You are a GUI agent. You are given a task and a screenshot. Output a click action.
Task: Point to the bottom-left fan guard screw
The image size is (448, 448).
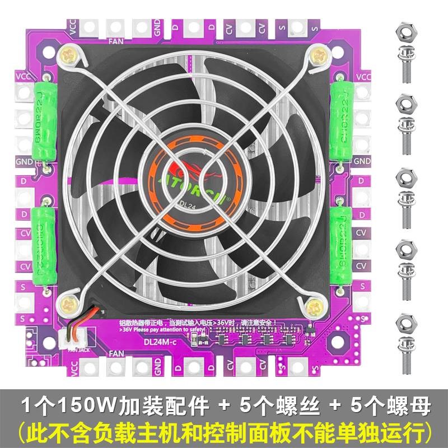point(70,304)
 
